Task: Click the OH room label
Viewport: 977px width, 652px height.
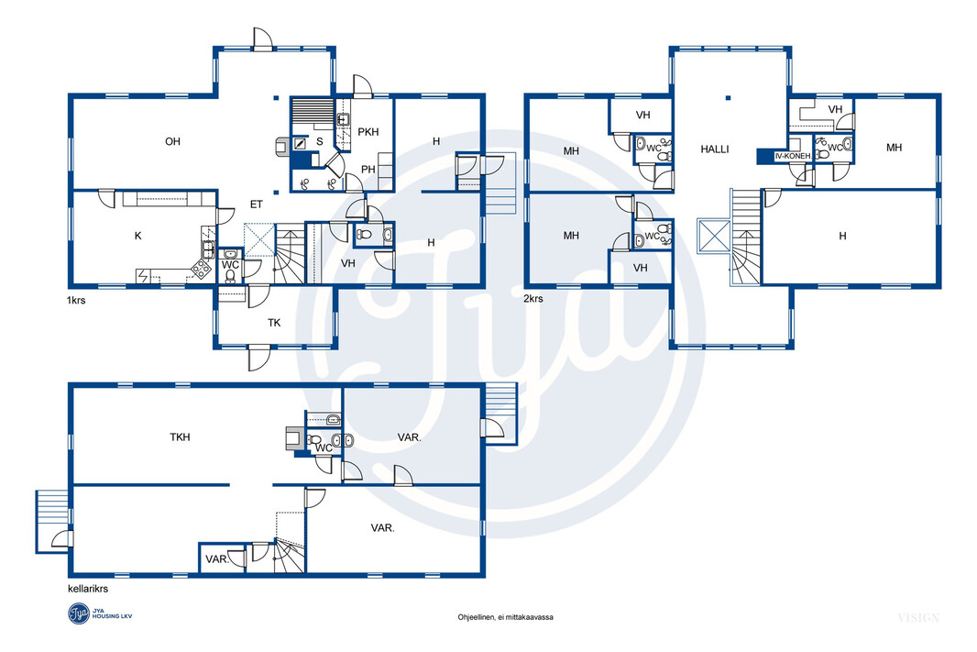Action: click(172, 141)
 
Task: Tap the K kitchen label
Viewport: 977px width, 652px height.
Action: click(138, 236)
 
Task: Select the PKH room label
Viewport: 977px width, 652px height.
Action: click(368, 131)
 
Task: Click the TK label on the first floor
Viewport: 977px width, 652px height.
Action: click(274, 323)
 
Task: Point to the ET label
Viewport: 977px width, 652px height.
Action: click(256, 204)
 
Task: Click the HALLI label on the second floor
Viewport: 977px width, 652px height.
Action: click(715, 149)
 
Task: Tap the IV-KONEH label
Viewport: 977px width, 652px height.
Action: click(793, 156)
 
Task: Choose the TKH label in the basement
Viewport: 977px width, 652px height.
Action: click(180, 437)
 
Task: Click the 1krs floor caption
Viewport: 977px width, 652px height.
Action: click(76, 300)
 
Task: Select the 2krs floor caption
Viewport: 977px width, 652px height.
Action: click(533, 299)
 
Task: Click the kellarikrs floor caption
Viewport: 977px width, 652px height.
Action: click(88, 589)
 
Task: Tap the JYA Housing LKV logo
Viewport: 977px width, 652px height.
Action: click(100, 614)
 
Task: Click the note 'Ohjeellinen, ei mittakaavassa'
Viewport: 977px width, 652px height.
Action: click(505, 617)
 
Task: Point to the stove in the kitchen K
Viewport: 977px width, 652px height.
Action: click(201, 269)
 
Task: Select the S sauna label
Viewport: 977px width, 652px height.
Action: click(320, 141)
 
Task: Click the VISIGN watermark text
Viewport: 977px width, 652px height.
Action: click(918, 618)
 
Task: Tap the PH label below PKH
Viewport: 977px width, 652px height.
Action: click(368, 169)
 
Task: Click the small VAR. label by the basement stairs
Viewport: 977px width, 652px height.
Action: click(217, 559)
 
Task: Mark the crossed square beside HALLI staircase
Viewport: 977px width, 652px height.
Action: click(713, 236)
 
